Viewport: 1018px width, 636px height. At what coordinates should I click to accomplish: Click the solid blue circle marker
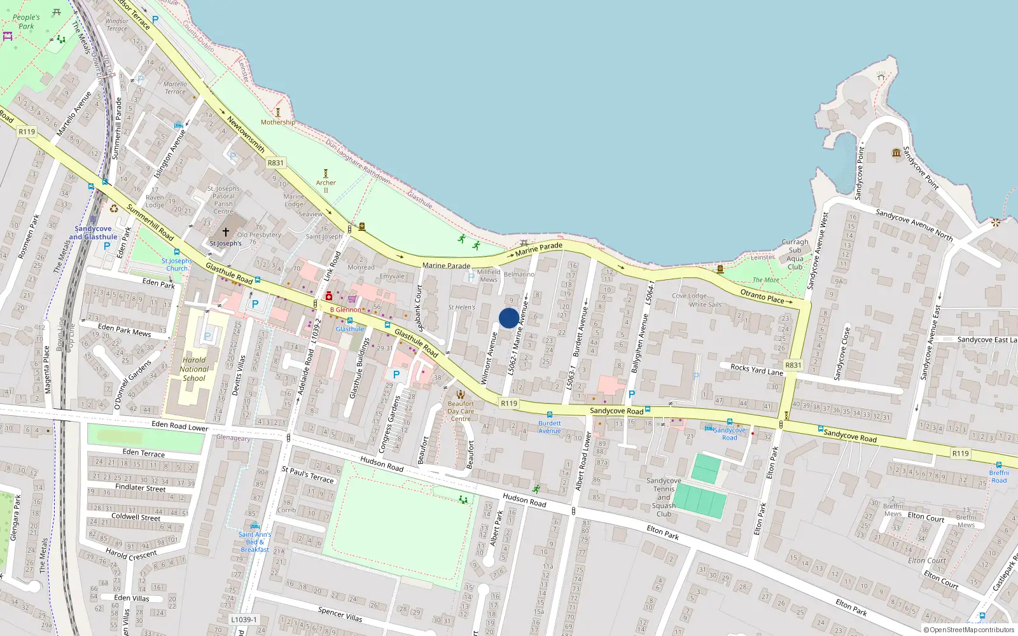pyautogui.click(x=508, y=318)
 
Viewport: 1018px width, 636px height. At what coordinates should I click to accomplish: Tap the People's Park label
pyautogui.click(x=26, y=22)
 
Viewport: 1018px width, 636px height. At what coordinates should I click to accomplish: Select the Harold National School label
pyautogui.click(x=194, y=369)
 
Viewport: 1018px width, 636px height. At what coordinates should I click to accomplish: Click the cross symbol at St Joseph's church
pyautogui.click(x=225, y=233)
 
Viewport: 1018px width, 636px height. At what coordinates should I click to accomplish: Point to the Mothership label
pyautogui.click(x=277, y=122)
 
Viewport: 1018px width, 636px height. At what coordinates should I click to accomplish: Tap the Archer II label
pyautogui.click(x=326, y=186)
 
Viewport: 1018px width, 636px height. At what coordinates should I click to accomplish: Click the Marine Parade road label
pyautogui.click(x=446, y=265)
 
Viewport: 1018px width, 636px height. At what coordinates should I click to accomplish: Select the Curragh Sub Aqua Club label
pyautogui.click(x=795, y=254)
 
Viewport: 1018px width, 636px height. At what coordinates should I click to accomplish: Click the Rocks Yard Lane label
pyautogui.click(x=757, y=369)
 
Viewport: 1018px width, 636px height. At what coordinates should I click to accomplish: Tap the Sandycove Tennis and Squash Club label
pyautogui.click(x=664, y=497)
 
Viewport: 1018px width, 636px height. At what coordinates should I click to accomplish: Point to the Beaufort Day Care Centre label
pyautogui.click(x=461, y=411)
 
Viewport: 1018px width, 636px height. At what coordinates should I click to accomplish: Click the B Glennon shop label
pyautogui.click(x=345, y=310)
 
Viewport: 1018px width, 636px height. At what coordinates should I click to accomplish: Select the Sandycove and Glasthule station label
pyautogui.click(x=93, y=233)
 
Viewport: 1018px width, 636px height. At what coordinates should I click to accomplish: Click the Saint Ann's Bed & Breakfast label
pyautogui.click(x=254, y=542)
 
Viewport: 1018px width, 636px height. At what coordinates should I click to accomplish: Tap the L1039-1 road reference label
pyautogui.click(x=244, y=619)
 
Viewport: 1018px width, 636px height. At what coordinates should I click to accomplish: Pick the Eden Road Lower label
pyautogui.click(x=180, y=426)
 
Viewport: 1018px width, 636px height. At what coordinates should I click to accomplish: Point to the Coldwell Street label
pyautogui.click(x=136, y=516)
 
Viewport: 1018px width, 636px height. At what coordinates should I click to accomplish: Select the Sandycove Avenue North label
pyautogui.click(x=914, y=225)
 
